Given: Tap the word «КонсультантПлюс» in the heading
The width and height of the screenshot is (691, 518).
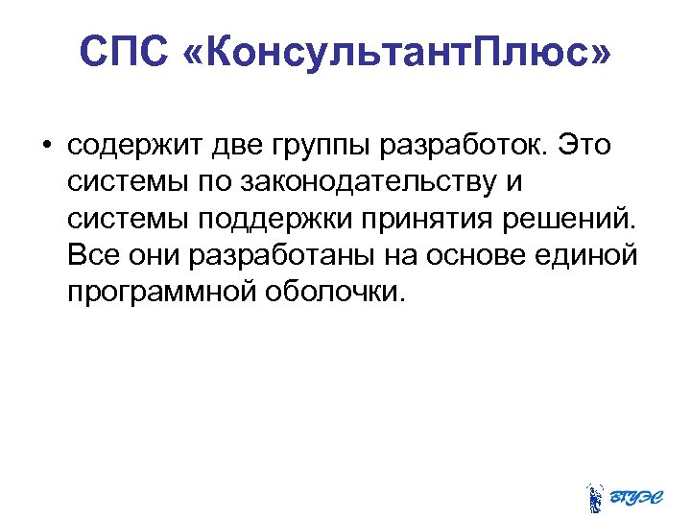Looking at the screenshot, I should (394, 53).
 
